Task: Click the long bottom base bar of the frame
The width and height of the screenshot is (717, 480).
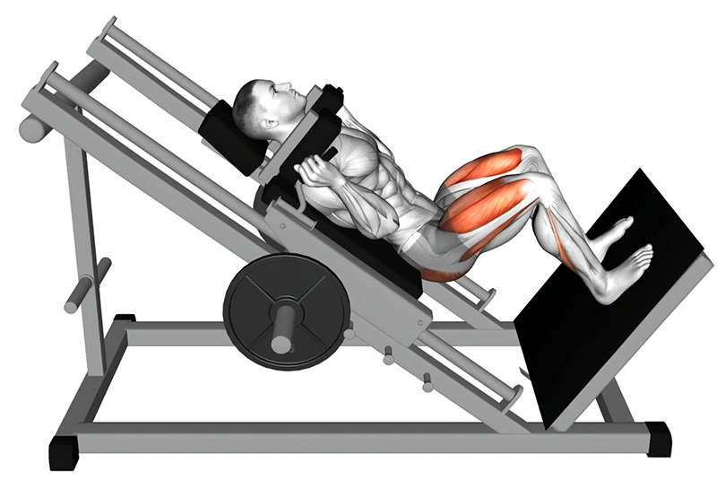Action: (358, 441)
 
